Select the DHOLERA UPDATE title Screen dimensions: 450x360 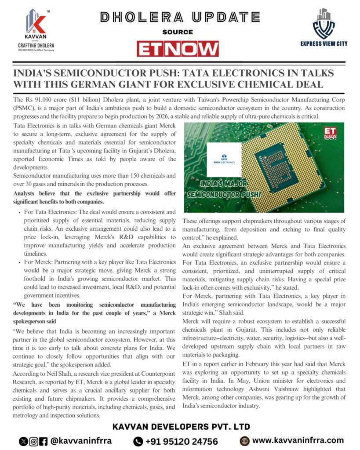[x=179, y=17]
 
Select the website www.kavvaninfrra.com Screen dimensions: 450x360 [x=298, y=440]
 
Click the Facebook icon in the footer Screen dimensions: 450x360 [x=44, y=441]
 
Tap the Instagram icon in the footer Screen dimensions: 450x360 [x=33, y=441]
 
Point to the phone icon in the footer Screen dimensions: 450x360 [x=138, y=441]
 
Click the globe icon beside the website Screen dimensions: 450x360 [x=244, y=440]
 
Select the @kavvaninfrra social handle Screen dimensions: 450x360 [x=81, y=440]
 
